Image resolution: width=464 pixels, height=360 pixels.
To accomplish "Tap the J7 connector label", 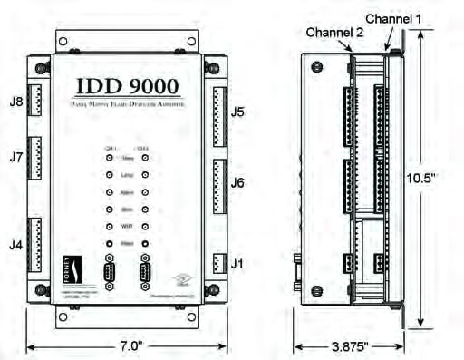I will click(x=15, y=157).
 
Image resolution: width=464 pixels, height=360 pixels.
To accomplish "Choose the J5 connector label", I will click(x=237, y=112).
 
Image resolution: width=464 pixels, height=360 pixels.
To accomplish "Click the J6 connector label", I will click(x=237, y=183).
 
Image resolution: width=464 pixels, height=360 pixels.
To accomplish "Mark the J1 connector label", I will click(x=237, y=264).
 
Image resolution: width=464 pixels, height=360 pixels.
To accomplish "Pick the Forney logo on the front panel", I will click(x=78, y=268).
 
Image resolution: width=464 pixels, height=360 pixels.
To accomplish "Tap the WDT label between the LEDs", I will click(x=128, y=226).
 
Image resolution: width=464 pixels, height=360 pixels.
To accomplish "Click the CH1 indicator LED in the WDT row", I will click(x=111, y=227).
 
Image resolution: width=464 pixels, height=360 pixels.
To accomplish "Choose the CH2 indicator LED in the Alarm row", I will click(x=145, y=192).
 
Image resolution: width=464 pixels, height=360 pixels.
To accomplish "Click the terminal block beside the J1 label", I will click(x=217, y=264).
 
